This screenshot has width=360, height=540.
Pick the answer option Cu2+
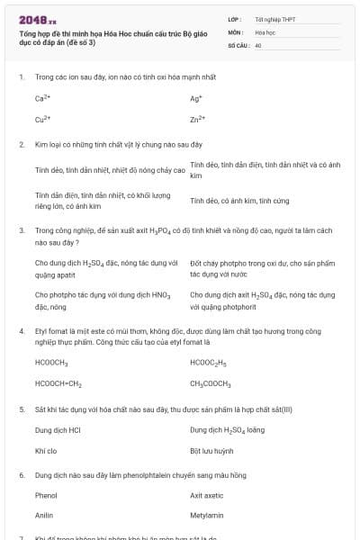pos(42,118)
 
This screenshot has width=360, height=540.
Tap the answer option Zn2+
pos(198,118)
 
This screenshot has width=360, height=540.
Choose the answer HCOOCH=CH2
pos(58,383)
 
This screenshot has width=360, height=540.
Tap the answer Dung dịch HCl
pos(58,430)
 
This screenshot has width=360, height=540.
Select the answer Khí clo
pos(46,450)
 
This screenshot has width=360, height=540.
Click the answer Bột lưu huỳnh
pos(211,450)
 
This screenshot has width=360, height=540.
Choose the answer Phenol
pos(46,495)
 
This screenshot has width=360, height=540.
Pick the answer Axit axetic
pos(207,495)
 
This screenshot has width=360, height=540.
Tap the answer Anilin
pos(45,516)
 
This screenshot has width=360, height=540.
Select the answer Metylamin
pos(206,516)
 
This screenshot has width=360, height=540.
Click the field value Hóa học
pos(265,31)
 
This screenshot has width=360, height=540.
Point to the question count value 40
pos(258,44)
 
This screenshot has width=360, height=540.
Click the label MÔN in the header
pos(236,31)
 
